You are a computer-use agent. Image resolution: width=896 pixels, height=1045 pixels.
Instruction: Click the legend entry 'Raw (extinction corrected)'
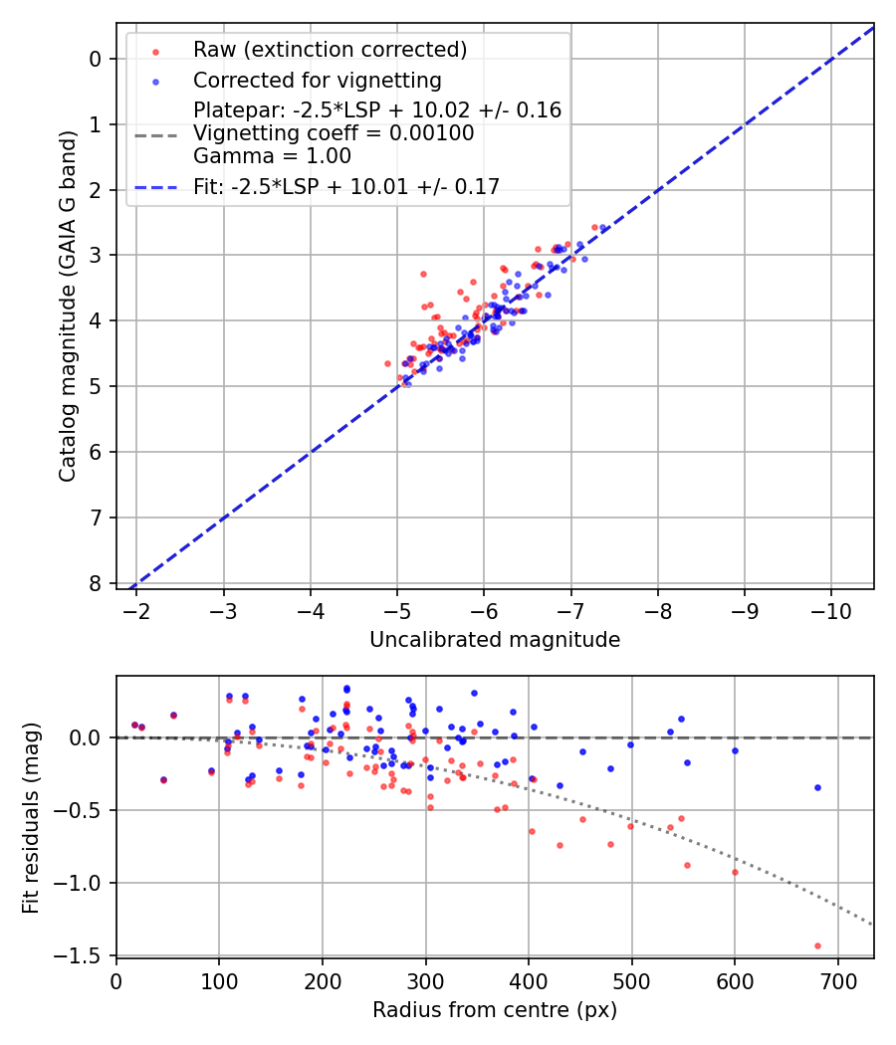pyautogui.click(x=330, y=50)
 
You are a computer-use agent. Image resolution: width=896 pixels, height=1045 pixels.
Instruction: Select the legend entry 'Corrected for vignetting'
pyautogui.click(x=317, y=80)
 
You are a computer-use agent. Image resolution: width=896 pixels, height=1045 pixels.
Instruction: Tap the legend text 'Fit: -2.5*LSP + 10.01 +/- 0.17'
pyautogui.click(x=346, y=186)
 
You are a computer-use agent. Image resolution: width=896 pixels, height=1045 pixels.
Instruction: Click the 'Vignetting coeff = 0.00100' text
pyautogui.click(x=334, y=133)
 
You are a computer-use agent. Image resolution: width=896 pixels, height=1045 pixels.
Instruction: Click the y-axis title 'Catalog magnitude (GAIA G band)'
pyautogui.click(x=67, y=325)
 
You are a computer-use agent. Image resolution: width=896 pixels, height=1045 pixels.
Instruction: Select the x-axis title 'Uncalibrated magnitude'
pyautogui.click(x=495, y=640)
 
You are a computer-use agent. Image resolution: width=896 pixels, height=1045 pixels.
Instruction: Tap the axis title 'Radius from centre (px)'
pyautogui.click(x=495, y=1010)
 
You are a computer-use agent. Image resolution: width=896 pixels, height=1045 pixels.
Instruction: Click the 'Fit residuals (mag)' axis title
pyautogui.click(x=31, y=817)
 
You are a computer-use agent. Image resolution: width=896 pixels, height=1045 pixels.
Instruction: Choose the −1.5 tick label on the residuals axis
pyautogui.click(x=84, y=955)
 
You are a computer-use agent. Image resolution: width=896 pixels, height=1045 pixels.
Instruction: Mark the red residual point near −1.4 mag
pyautogui.click(x=817, y=945)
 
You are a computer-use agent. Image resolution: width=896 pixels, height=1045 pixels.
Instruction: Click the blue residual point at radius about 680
pyautogui.click(x=817, y=787)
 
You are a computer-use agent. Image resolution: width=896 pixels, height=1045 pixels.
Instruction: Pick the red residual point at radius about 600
pyautogui.click(x=735, y=872)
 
